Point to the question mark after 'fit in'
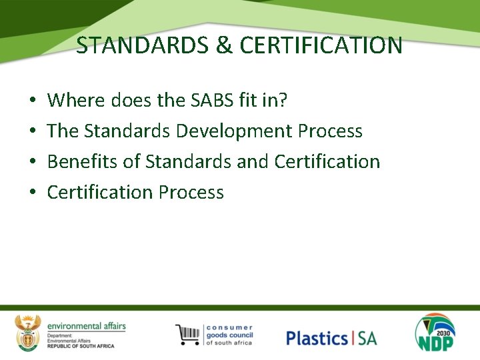coord(284,101)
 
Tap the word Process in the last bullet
coord(191,193)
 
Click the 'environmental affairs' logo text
coord(86,326)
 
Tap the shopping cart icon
coord(189,335)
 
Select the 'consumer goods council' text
coord(229,335)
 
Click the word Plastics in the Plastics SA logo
coord(317,338)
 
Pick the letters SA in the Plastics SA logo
coord(367,338)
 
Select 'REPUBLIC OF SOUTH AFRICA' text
coord(81,346)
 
